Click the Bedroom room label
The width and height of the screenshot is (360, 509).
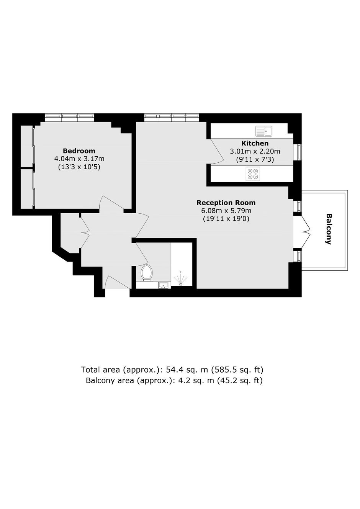coord(79,151)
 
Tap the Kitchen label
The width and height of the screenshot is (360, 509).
coord(255,143)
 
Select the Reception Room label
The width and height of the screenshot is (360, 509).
coord(226,203)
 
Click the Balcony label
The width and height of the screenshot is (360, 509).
coord(328,229)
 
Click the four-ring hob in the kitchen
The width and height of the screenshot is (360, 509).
coord(253,174)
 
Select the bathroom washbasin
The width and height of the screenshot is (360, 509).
coord(163,285)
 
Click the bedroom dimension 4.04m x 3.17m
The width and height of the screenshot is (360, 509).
coord(79,159)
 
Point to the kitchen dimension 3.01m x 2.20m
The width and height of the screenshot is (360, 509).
coord(255,151)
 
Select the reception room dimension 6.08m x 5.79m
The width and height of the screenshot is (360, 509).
coord(226,211)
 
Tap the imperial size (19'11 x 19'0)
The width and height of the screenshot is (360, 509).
coord(226,219)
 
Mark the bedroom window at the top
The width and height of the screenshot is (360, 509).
coord(70,117)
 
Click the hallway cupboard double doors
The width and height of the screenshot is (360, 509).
coord(85,232)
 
